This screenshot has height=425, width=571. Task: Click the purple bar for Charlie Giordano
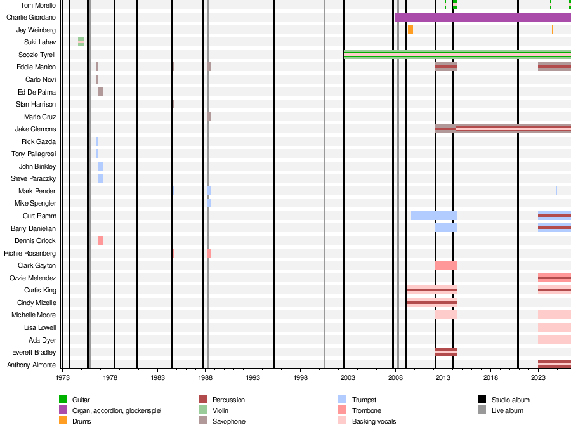point(483,17)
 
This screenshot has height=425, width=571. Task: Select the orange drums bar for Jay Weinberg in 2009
point(410,30)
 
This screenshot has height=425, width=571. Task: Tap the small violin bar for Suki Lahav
point(81,42)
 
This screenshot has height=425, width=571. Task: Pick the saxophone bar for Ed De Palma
point(100,91)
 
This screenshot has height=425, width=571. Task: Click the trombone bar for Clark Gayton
point(446,265)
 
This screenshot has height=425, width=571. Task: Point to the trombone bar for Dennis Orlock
point(100,240)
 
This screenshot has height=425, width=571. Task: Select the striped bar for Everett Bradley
point(446,352)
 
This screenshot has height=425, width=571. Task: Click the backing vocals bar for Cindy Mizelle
point(432,303)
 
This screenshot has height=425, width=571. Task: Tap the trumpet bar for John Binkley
point(100,166)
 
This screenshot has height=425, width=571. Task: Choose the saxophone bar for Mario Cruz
point(209,116)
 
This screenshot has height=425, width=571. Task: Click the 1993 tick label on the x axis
point(253,377)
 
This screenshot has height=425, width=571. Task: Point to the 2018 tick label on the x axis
point(490,377)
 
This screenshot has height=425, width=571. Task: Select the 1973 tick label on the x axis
point(63,377)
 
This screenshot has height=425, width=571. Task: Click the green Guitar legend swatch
point(63,399)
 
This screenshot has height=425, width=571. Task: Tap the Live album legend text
point(508,410)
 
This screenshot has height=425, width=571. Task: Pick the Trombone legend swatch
point(343,410)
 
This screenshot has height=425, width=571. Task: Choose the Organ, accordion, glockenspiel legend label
point(117,411)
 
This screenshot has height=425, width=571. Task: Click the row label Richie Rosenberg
point(30,253)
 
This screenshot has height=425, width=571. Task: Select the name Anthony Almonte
point(31,365)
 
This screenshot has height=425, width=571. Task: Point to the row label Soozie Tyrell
point(37,55)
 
